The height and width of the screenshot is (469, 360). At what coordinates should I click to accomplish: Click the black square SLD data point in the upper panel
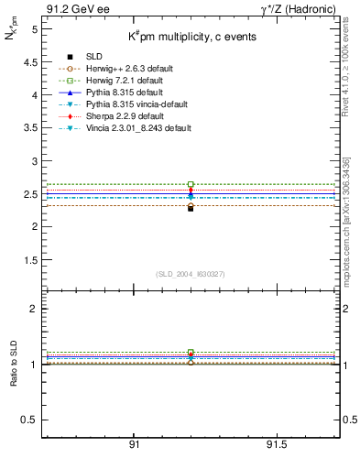point(191,208)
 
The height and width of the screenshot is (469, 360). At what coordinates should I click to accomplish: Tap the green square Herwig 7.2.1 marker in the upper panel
point(191,184)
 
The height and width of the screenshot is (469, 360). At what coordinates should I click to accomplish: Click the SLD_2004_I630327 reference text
point(191,274)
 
